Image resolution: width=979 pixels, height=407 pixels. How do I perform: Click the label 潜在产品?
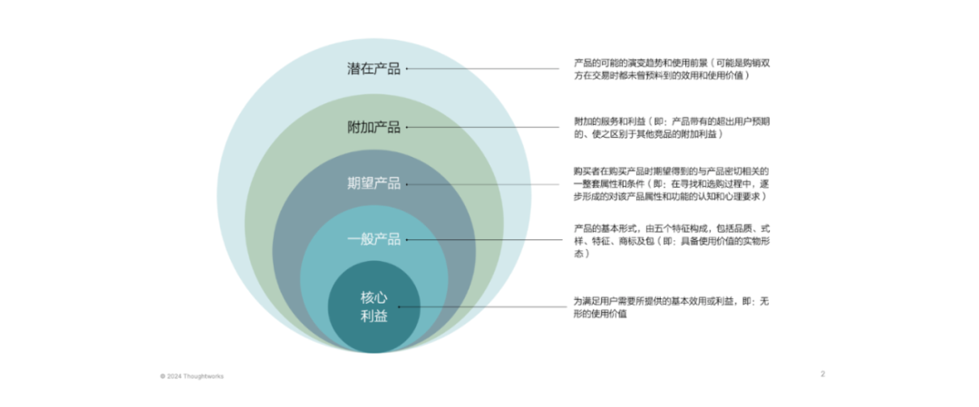click(373, 69)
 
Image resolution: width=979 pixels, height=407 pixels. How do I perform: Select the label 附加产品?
click(373, 127)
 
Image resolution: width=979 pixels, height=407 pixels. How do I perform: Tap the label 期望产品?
click(373, 183)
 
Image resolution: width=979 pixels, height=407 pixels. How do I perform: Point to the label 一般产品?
click(373, 239)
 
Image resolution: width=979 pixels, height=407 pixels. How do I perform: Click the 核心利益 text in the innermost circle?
click(373, 307)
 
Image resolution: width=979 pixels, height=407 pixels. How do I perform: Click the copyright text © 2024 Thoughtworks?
click(191, 376)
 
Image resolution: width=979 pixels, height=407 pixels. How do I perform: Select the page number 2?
click(823, 374)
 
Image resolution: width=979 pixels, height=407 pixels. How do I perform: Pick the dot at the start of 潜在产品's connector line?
click(407, 69)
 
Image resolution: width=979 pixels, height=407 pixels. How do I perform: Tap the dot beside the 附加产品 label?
click(407, 127)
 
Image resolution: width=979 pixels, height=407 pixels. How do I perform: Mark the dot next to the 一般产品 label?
click(407, 239)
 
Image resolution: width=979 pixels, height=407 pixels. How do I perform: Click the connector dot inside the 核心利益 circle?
click(400, 307)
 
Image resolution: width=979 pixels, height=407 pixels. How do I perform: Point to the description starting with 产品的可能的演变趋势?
click(672, 69)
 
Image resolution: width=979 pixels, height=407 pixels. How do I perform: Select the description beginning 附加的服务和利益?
click(672, 127)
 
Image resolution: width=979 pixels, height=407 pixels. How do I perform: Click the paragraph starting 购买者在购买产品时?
click(672, 183)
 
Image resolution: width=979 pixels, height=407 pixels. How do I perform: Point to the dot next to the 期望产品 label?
click(407, 183)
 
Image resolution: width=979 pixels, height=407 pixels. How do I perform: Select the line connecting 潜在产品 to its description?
click(483, 69)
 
